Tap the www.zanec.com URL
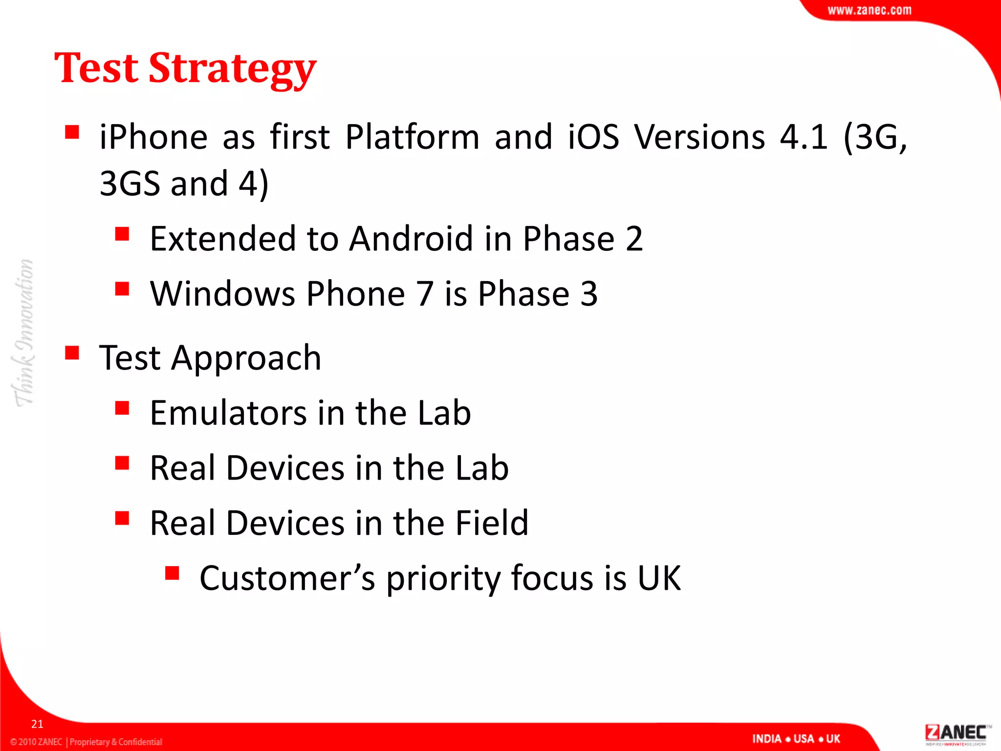pyautogui.click(x=869, y=10)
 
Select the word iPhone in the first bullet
pyautogui.click(x=153, y=136)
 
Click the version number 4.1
pyautogui.click(x=804, y=136)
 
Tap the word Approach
pyautogui.click(x=246, y=358)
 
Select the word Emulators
pyautogui.click(x=228, y=413)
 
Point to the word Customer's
pyautogui.click(x=287, y=578)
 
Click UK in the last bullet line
pyautogui.click(x=659, y=578)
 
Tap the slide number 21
pyautogui.click(x=37, y=724)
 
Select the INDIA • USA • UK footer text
pyautogui.click(x=796, y=739)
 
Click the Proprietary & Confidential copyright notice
pyautogui.click(x=86, y=742)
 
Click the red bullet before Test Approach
pyautogui.click(x=72, y=353)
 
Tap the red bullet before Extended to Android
pyautogui.click(x=122, y=234)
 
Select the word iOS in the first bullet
pyautogui.click(x=593, y=136)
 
